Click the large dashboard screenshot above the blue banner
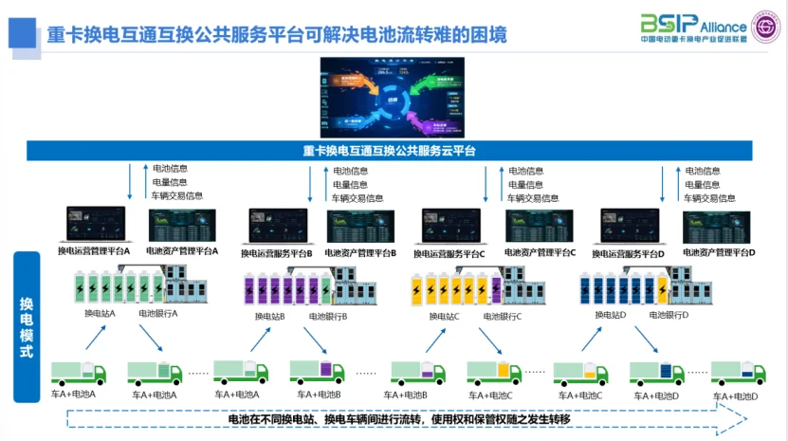(x=394, y=98)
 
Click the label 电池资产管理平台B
(x=359, y=253)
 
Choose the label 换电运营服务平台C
(x=452, y=253)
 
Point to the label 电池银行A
(x=157, y=314)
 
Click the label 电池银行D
(x=669, y=314)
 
